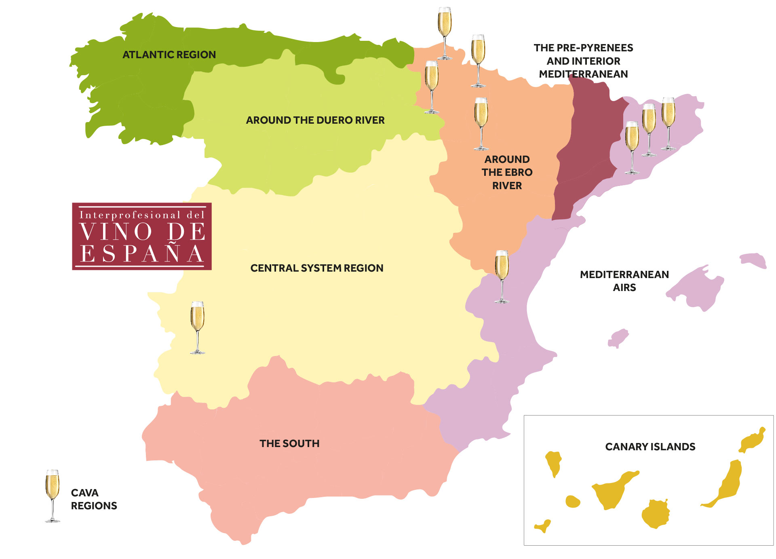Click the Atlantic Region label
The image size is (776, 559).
(169, 55)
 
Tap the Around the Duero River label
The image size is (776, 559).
(315, 120)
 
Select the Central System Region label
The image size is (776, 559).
(316, 268)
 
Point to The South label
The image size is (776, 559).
(289, 443)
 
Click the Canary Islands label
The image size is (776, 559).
(650, 447)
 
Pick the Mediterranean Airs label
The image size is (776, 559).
(624, 281)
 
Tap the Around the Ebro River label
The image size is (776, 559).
(507, 172)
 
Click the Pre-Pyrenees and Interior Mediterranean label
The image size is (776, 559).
(583, 61)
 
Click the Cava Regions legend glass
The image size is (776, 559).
(53, 496)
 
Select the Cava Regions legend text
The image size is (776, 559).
(93, 499)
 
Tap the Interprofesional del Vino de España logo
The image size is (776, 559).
(142, 236)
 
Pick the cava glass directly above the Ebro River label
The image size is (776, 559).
(481, 123)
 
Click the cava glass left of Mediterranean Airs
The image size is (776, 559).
(502, 276)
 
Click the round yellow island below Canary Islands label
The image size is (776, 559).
(656, 514)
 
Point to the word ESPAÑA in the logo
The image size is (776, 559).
(142, 254)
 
